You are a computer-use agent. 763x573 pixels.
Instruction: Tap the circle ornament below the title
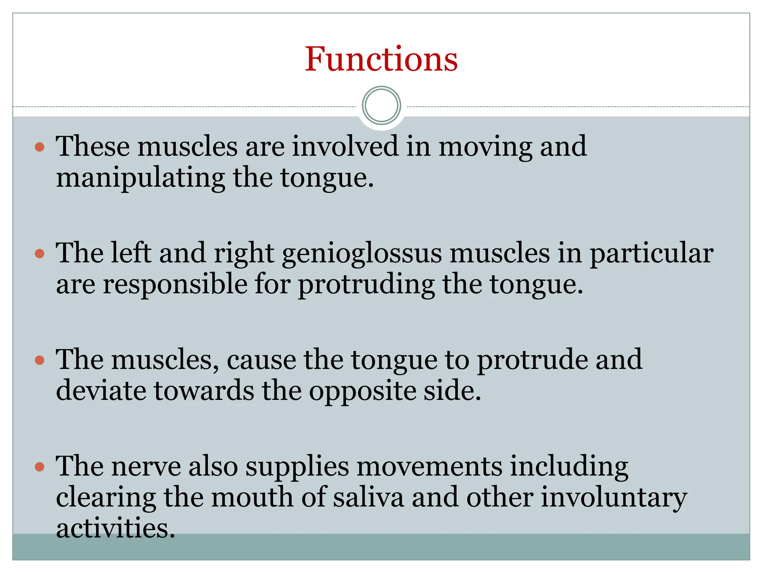381,106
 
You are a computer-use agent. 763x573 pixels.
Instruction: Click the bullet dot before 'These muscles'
39,147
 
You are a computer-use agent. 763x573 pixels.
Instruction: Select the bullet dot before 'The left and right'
39,254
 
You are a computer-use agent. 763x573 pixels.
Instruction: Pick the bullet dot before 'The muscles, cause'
39,360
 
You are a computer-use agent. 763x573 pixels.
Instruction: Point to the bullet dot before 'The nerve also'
39,467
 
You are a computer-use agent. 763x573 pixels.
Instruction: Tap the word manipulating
140,178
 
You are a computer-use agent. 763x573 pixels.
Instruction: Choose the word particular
652,254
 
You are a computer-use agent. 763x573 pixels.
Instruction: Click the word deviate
101,391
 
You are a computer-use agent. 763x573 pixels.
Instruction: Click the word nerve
146,467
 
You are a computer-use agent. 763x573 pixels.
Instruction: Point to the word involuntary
614,498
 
